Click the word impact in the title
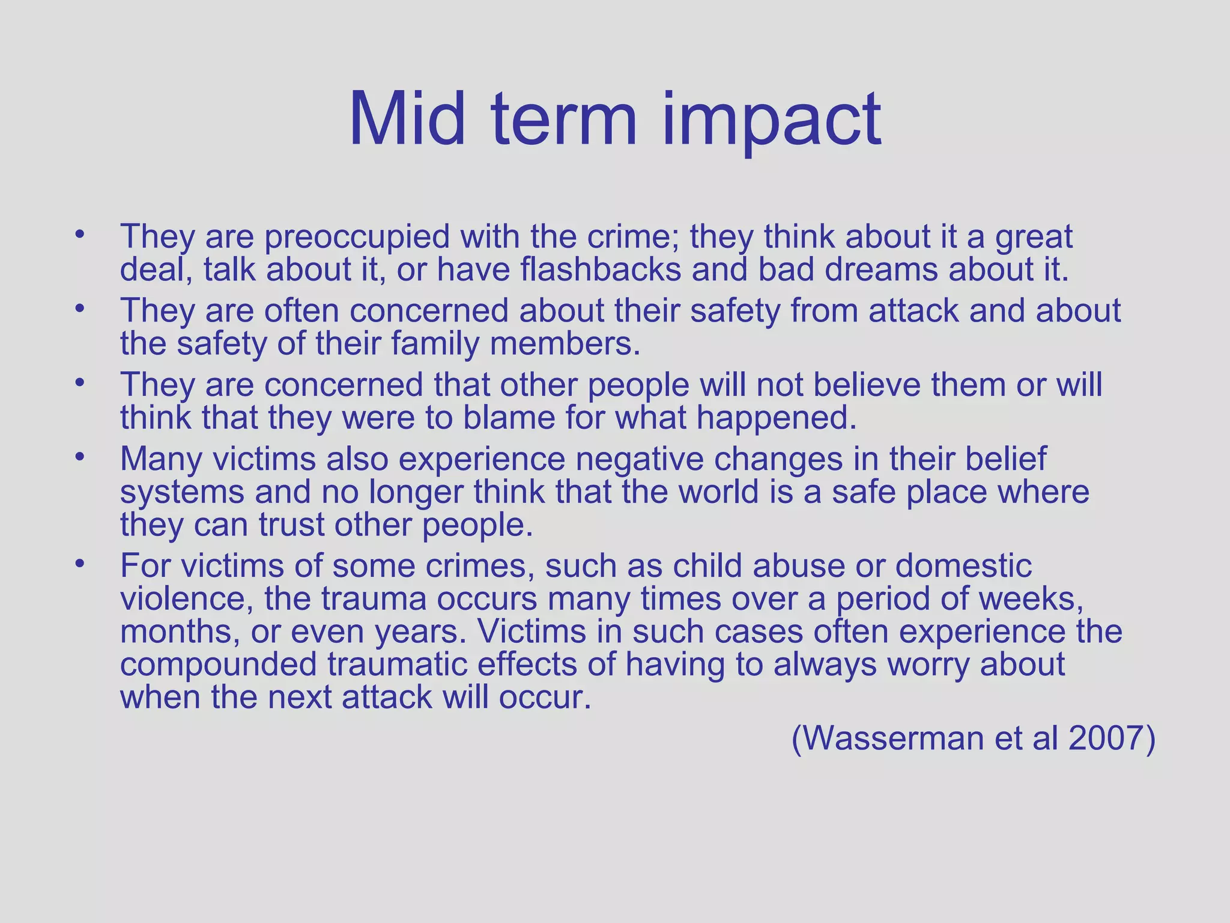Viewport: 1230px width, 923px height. [x=772, y=120]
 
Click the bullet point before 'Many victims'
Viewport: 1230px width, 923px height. [x=79, y=457]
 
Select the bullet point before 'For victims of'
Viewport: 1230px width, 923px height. [x=79, y=564]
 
